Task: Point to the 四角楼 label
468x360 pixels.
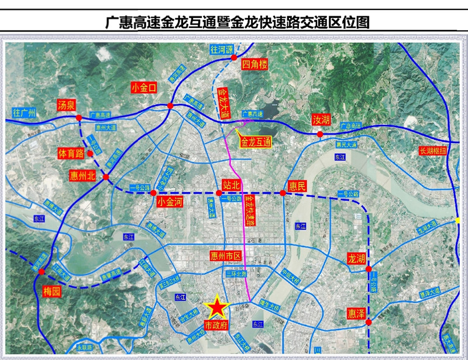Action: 254,64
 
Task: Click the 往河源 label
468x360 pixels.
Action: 222,50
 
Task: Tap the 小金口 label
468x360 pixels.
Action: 144,88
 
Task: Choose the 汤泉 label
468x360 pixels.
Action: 66,105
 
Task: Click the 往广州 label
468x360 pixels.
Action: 25,112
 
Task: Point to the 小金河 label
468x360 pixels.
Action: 171,202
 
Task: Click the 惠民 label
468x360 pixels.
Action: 297,186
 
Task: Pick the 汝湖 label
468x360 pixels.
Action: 321,120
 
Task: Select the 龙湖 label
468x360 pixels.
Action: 356,258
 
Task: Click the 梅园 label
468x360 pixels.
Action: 52,291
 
